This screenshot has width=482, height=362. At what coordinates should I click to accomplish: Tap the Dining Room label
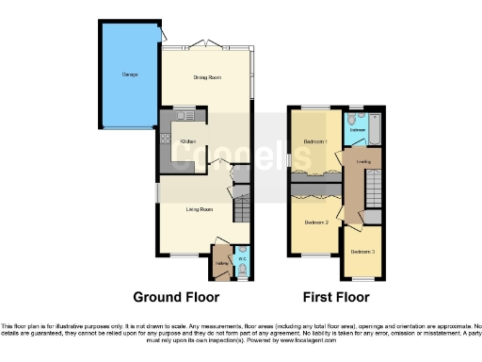tap(205, 78)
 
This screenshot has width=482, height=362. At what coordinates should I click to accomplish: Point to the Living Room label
tap(199, 208)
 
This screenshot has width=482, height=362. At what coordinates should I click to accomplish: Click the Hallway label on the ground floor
tap(223, 263)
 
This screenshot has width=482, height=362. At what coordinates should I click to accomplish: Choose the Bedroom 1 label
tap(314, 140)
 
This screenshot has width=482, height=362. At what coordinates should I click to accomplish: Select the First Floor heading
tap(336, 297)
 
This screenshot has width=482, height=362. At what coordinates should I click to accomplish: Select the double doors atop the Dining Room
tap(204, 43)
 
